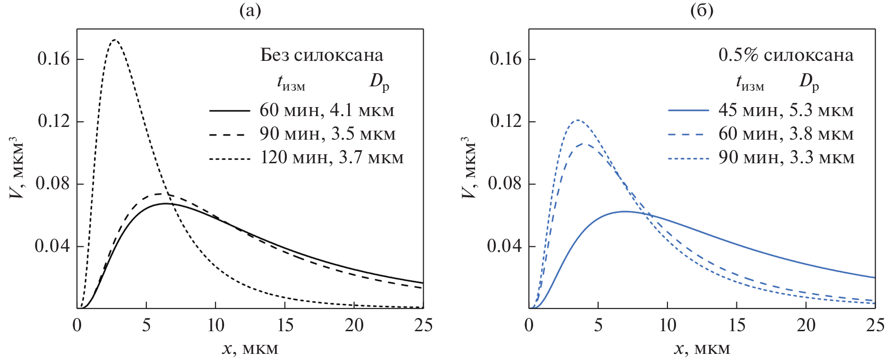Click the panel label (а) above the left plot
[x=250, y=10]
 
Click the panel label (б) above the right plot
[x=701, y=10]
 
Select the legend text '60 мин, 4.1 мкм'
[x=326, y=110]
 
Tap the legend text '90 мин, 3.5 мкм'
[x=327, y=134]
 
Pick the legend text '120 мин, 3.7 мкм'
[x=332, y=158]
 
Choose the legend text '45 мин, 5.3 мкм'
[x=786, y=110]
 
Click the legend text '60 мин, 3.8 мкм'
[x=786, y=134]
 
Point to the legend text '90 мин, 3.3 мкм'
[x=786, y=158]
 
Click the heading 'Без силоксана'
[x=322, y=55]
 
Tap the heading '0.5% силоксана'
[x=786, y=55]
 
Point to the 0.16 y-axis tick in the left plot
[x=53, y=59]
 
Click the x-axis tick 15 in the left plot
[x=285, y=325]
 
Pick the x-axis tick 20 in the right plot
[x=806, y=325]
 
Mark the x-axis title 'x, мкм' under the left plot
[x=250, y=349]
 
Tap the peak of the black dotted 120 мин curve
[x=115, y=40]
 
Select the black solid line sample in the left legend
[x=229, y=110]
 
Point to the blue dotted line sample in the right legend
[x=688, y=159]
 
